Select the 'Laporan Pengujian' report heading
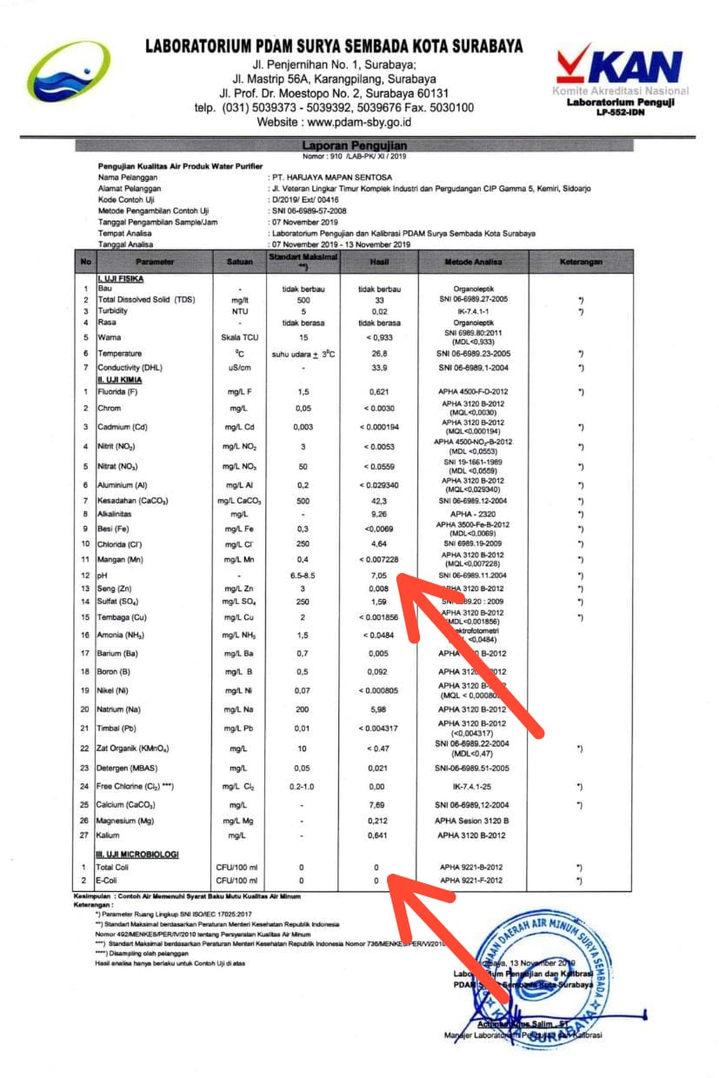[x=354, y=145]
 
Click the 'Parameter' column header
[x=155, y=262]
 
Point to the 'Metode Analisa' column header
[x=473, y=262]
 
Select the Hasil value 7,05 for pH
[x=377, y=576]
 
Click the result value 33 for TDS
[x=377, y=299]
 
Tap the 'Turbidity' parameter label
[x=114, y=311]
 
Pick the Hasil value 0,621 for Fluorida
[x=377, y=392]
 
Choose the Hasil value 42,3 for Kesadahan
[x=377, y=502]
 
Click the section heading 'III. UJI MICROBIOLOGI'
[x=137, y=855]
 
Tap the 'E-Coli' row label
[x=110, y=881]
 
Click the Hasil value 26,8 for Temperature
[x=377, y=354]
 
